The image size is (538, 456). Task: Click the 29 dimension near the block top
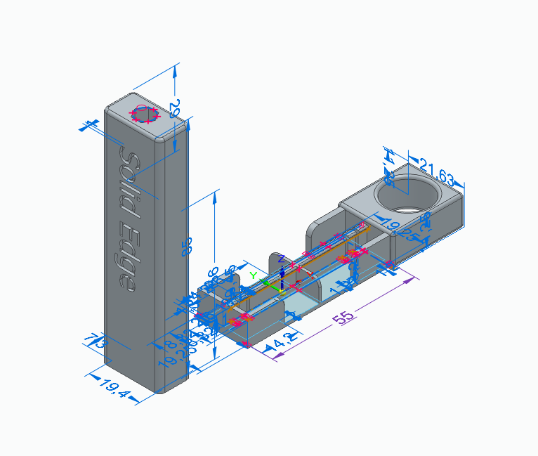coord(176,108)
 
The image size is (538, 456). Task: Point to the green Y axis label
coord(254,276)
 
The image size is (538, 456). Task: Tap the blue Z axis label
coord(282,259)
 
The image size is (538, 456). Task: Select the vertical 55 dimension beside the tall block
coord(187,247)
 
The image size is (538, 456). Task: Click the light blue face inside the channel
coord(302,303)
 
